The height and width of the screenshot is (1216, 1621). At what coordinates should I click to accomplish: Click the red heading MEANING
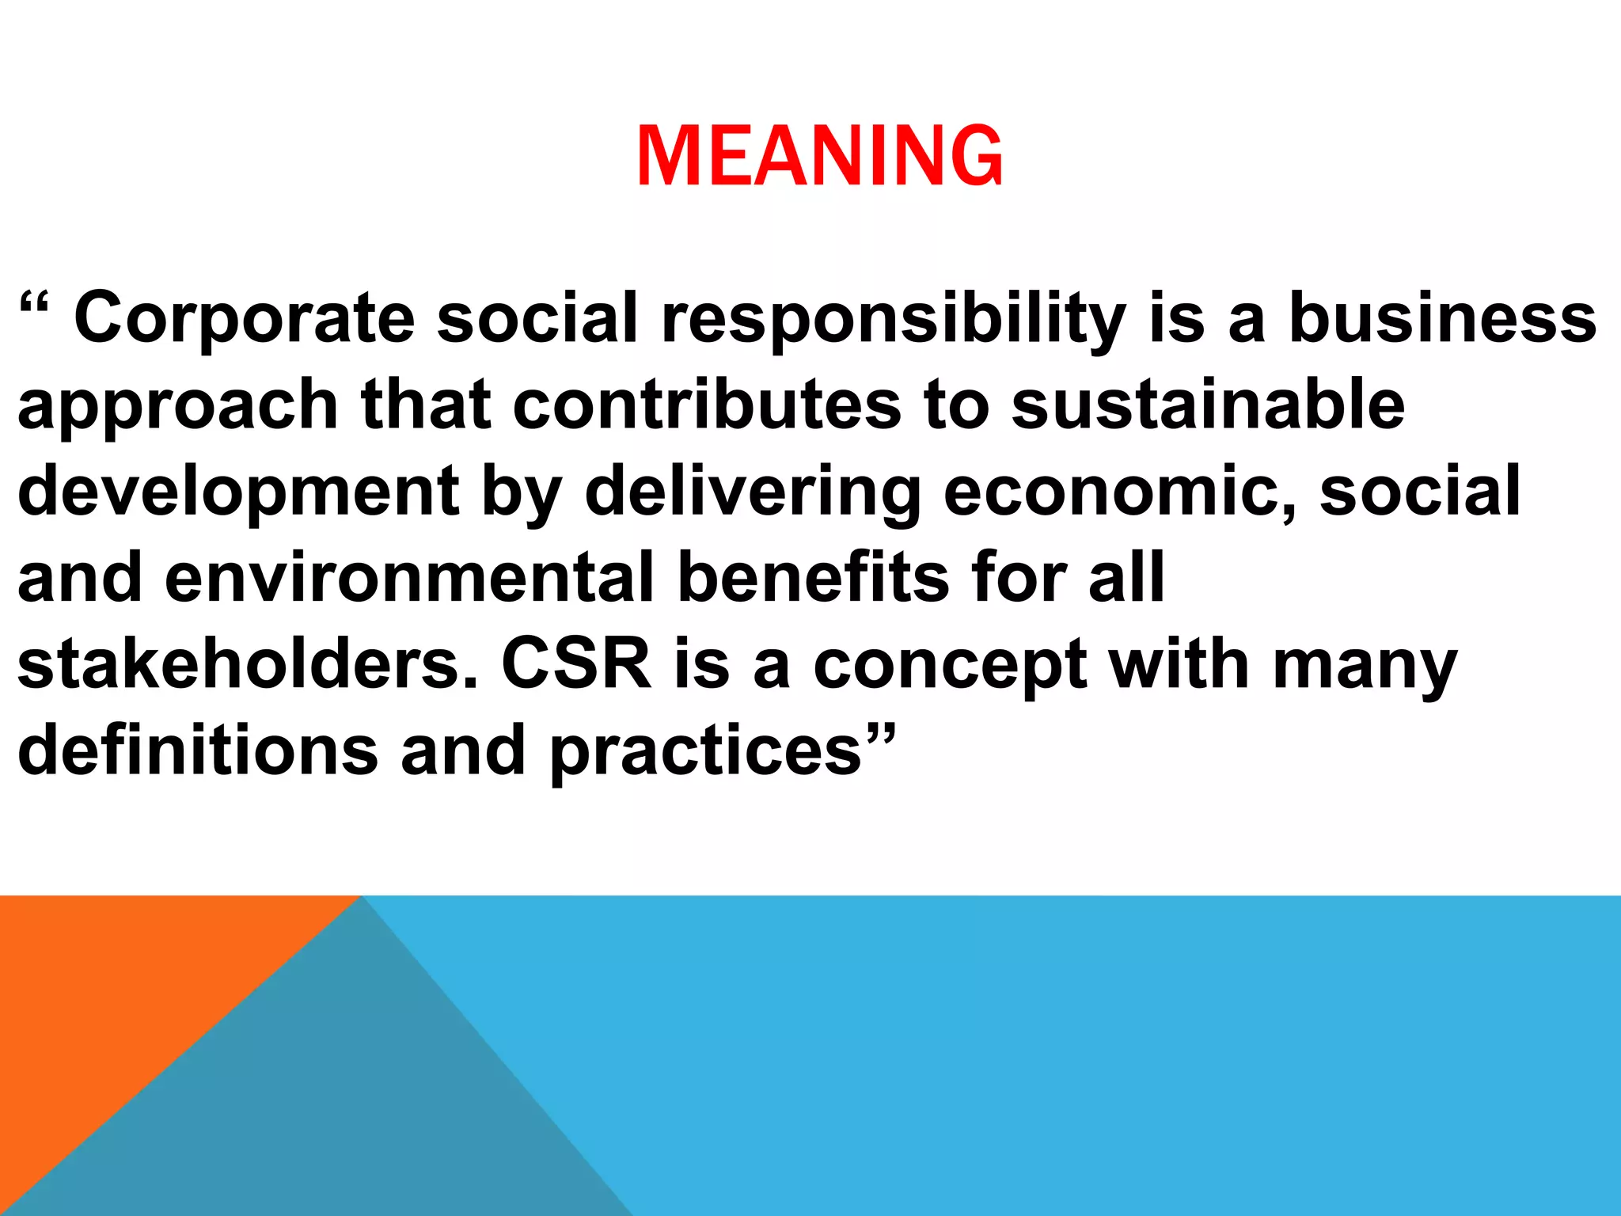819,157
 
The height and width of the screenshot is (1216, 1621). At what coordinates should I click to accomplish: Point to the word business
1442,318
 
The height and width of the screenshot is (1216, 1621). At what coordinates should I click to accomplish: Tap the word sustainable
1208,405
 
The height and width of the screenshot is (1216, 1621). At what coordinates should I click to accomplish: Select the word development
237,492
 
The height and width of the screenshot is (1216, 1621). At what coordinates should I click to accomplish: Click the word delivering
753,492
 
